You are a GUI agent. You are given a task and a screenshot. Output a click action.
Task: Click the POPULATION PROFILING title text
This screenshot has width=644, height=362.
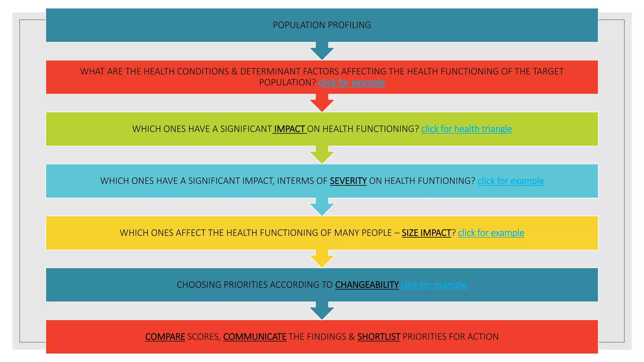coord(322,25)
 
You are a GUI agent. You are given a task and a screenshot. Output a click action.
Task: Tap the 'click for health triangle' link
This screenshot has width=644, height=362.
coord(466,129)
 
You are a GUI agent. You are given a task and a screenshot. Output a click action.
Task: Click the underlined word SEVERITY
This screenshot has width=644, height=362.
coord(348,181)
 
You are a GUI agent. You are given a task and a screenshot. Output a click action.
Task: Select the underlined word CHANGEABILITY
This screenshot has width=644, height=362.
coord(367,285)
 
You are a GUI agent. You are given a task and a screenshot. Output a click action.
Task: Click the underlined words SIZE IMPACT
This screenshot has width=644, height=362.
coord(426,233)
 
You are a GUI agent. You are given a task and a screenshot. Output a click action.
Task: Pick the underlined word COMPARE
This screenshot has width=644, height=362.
coord(165,337)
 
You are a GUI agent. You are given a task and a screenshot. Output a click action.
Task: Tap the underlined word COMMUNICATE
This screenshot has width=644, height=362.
coord(255,337)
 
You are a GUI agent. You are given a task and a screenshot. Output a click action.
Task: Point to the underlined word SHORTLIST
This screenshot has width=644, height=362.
coord(379,337)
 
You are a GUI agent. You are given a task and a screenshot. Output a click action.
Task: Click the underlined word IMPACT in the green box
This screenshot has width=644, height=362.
coord(289,129)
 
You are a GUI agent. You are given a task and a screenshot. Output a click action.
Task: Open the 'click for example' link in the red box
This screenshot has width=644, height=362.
coord(352,82)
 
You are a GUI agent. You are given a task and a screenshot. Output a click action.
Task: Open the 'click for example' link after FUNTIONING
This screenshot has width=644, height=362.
coord(510,181)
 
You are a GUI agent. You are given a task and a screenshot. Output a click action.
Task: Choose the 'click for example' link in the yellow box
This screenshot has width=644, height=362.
coord(491,233)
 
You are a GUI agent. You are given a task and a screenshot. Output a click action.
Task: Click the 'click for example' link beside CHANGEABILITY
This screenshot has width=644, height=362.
coord(434,285)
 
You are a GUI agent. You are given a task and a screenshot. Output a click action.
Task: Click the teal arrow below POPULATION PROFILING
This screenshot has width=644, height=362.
coord(322,52)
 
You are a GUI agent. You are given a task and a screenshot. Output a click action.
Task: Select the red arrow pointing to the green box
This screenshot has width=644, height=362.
coord(322,103)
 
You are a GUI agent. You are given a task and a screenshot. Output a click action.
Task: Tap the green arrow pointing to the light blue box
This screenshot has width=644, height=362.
coord(322,155)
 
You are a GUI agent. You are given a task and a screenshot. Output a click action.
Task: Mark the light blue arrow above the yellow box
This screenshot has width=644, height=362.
coord(322,207)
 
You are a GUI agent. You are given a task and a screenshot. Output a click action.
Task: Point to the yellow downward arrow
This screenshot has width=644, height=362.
coord(322,259)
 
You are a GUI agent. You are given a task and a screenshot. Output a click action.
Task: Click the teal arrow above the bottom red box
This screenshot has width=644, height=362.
coord(322,311)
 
